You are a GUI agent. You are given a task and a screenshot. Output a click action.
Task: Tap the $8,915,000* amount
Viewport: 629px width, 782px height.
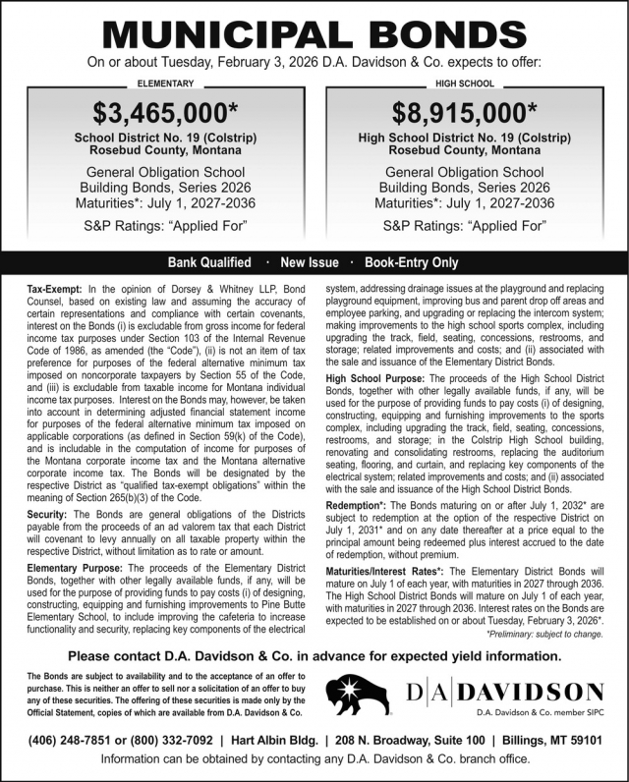[x=465, y=111]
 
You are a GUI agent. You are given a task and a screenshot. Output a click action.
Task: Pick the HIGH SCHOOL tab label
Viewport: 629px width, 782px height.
[x=465, y=84]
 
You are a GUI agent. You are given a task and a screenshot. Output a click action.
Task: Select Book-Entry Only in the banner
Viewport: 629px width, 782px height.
[x=411, y=263]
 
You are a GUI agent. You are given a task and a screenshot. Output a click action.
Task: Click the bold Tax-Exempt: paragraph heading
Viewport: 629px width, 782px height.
[x=56, y=290]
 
